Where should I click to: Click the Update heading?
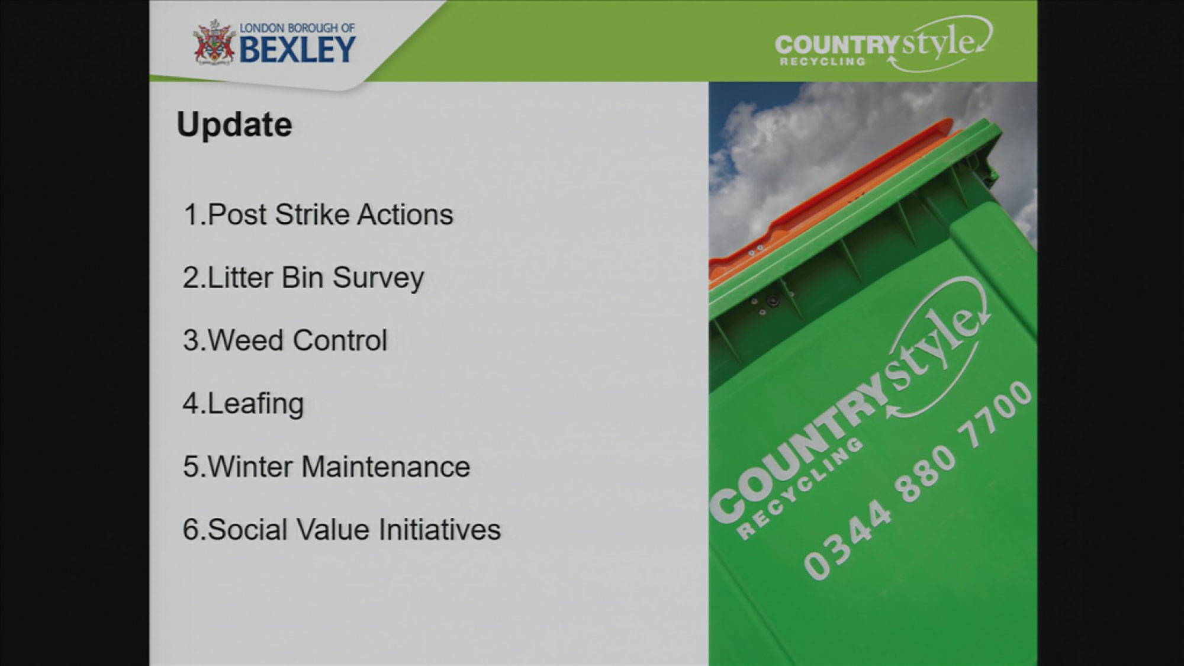(x=234, y=126)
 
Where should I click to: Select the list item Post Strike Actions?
(x=318, y=214)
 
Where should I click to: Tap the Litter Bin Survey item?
(x=303, y=278)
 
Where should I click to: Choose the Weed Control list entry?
(x=285, y=340)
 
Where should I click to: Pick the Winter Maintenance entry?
(x=326, y=466)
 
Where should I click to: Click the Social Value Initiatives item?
(x=342, y=529)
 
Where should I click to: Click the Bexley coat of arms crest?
(x=214, y=43)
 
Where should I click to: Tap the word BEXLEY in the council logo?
(x=297, y=49)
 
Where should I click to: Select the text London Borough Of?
(x=297, y=28)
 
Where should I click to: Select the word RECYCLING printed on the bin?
(x=799, y=488)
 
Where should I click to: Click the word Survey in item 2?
(x=378, y=278)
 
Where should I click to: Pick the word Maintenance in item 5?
(x=386, y=466)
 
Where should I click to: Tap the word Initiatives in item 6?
(x=440, y=529)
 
